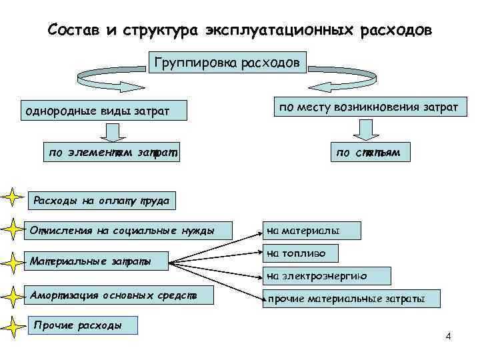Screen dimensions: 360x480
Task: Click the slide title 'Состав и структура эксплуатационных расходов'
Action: pyautogui.click(x=240, y=31)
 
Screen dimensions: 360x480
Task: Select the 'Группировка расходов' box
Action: pyautogui.click(x=227, y=63)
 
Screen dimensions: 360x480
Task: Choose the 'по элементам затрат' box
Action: pyautogui.click(x=113, y=153)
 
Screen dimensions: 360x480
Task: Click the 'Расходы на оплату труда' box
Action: pyautogui.click(x=101, y=199)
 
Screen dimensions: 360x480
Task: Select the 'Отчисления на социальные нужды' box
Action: pyautogui.click(x=123, y=231)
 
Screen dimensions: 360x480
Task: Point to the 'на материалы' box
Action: pyautogui.click(x=311, y=231)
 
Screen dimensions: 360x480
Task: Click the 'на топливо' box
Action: pyautogui.click(x=301, y=253)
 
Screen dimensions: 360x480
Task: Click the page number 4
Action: pyautogui.click(x=448, y=335)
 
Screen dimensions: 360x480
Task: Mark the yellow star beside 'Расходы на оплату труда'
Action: pyautogui.click(x=12, y=198)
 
